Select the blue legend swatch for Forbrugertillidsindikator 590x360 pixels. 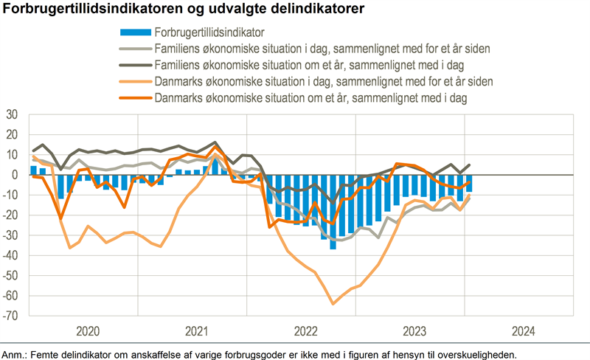coord(135,32)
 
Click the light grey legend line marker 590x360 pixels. coord(135,49)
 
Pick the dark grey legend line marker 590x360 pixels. coord(135,65)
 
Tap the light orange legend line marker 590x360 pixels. coord(135,81)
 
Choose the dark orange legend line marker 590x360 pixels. coord(135,97)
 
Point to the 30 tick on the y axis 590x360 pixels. coord(13,115)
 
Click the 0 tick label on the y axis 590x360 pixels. coord(15,176)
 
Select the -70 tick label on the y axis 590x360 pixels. coord(11,316)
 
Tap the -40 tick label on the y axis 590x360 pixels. coord(11,256)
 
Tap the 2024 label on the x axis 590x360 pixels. coord(519,330)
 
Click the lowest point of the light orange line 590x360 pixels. coord(333,303)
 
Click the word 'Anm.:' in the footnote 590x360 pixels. coord(15,353)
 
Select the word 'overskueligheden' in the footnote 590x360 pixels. coord(476,353)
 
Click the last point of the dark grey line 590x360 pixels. coord(469,165)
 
